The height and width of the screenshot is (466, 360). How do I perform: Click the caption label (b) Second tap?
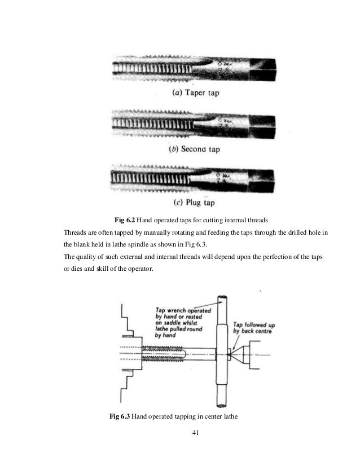pyautogui.click(x=194, y=149)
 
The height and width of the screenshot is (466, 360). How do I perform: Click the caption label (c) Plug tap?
pyautogui.click(x=194, y=203)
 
